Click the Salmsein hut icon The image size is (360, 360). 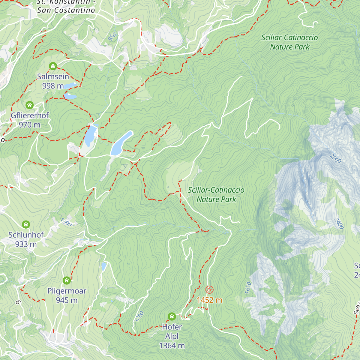tap(53, 66)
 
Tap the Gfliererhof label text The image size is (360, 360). tap(30, 115)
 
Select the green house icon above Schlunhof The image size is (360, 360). tap(26, 224)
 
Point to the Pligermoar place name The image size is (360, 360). tap(67, 291)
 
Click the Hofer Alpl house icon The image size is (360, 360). tap(172, 316)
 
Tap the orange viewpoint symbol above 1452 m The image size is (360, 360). tap(209, 289)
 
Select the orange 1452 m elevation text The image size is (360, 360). tap(209, 300)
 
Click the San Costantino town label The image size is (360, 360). tap(66, 10)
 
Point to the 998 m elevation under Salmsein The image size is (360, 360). tap(53, 86)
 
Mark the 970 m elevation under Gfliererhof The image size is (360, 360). tap(29, 125)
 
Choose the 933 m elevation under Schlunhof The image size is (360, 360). tap(26, 244)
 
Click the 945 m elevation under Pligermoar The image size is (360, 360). tap(67, 300)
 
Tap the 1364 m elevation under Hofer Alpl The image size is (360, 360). tap(172, 346)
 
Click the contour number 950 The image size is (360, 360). tap(112, 37)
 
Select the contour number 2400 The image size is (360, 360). tap(339, 223)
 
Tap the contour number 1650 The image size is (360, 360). tap(248, 288)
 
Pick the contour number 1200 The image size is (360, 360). tap(139, 316)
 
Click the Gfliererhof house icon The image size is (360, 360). tap(29, 105)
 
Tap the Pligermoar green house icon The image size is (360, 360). tap(67, 280)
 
